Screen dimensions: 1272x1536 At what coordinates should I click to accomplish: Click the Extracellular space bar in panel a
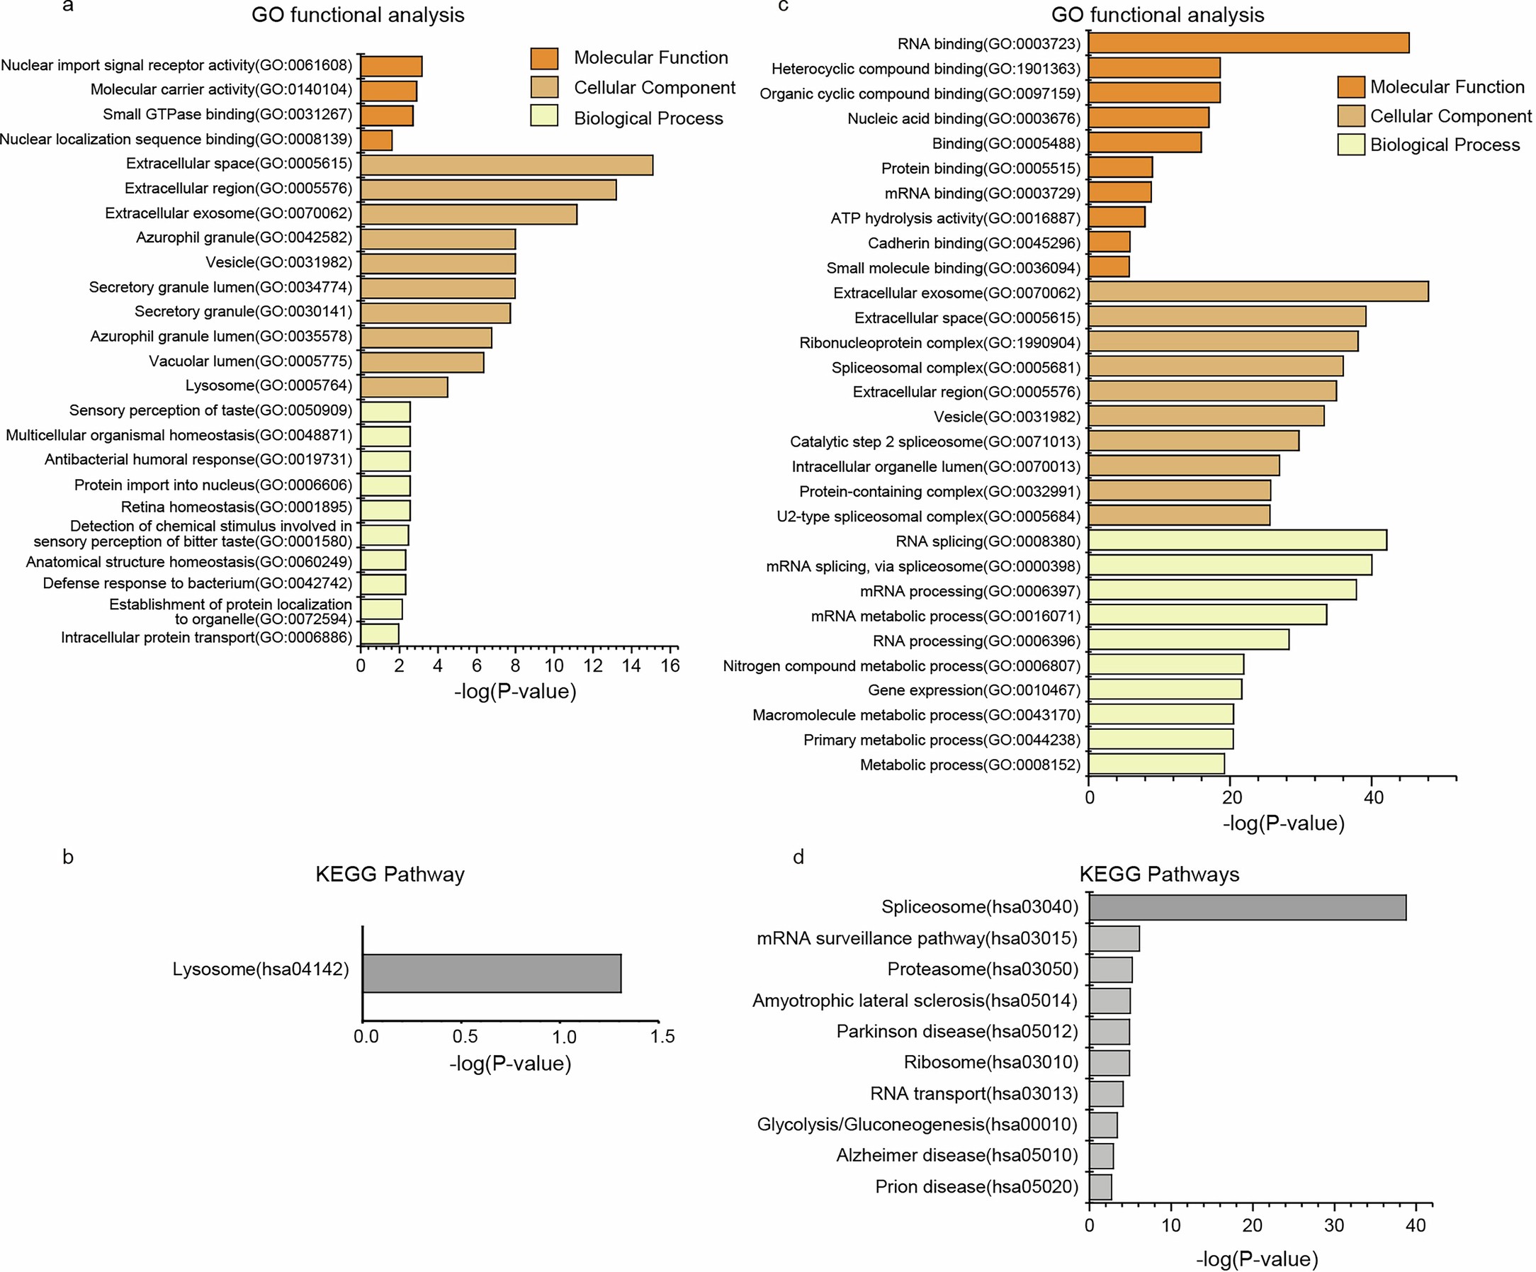(506, 164)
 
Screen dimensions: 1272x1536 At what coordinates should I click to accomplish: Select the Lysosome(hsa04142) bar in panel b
(492, 973)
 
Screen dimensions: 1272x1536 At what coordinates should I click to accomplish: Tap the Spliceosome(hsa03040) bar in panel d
(1247, 908)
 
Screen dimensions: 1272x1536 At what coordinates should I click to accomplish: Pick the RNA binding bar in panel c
(1248, 43)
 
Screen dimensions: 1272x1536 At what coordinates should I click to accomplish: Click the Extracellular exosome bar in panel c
(1258, 292)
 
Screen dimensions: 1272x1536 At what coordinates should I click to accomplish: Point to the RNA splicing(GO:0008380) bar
(1238, 541)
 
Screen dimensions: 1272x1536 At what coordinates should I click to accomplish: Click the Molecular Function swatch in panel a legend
(544, 58)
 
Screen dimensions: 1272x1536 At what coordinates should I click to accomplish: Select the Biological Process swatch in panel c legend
(1350, 145)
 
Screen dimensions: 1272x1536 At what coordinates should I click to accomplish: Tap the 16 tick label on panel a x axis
(670, 665)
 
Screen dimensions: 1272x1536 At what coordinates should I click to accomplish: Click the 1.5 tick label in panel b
(662, 1037)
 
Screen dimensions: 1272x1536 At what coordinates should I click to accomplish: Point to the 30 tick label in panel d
(1334, 1225)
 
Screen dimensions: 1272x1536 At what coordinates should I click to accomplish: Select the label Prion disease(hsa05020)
(976, 1186)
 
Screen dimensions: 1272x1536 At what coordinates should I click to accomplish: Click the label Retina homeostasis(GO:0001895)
(236, 507)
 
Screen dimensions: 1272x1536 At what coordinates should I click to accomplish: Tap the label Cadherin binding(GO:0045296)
(973, 243)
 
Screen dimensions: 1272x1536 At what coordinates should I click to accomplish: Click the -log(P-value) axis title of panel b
(510, 1063)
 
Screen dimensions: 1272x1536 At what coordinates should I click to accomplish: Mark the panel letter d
(798, 857)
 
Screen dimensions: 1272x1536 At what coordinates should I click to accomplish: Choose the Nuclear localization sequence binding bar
(377, 140)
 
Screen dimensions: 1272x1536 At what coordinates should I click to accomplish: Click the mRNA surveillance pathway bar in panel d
(1114, 938)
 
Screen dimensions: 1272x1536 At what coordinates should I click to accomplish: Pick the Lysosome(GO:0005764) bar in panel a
(404, 387)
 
